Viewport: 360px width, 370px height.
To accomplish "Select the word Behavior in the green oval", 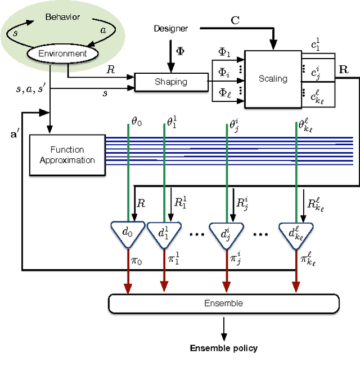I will [62, 17].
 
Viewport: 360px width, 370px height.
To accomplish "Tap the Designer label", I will [170, 28].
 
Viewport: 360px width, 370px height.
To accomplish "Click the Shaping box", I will [171, 82].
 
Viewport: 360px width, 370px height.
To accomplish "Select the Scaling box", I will [273, 79].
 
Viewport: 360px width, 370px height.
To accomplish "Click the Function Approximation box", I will [67, 155].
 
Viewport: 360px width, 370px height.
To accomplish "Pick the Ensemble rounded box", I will [223, 304].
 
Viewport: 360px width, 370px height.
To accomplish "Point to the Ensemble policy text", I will [223, 348].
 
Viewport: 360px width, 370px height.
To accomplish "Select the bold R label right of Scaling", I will [343, 71].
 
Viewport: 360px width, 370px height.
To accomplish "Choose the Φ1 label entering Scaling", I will [224, 52].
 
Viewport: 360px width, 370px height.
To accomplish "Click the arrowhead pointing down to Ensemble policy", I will [223, 337].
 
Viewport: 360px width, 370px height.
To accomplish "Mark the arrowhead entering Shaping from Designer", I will [171, 69].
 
